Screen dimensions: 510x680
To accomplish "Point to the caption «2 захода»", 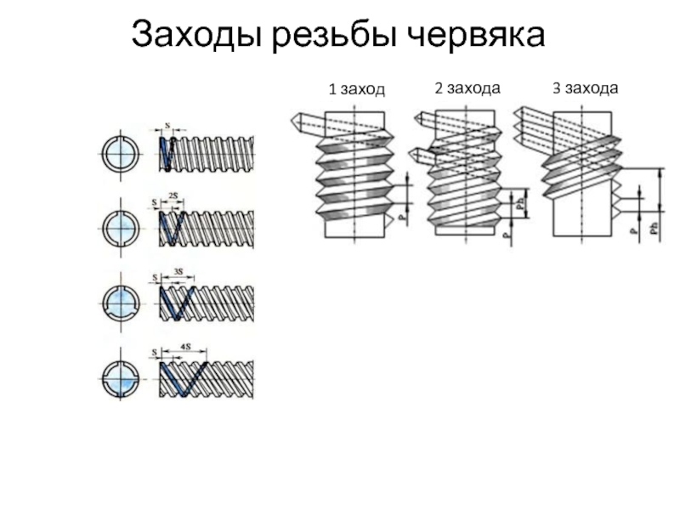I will point(467,88).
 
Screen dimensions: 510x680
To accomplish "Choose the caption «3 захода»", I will point(585,88).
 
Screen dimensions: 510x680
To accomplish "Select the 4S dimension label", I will point(184,348).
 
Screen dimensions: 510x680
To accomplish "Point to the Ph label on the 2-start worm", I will point(520,204).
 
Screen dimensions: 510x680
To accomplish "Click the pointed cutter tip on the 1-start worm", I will point(295,119).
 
